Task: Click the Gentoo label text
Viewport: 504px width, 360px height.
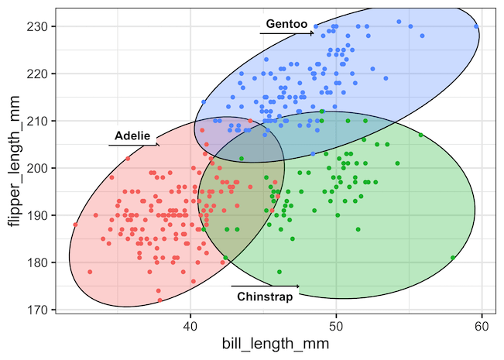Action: pos(286,24)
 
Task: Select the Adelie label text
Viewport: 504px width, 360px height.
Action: pos(132,136)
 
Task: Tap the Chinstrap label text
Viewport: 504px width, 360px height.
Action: pos(265,297)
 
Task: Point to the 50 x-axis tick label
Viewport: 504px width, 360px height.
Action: pos(336,326)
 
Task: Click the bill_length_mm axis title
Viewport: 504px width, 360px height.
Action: pos(268,345)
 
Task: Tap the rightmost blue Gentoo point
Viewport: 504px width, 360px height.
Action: pos(476,26)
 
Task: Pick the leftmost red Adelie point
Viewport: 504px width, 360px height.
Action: pos(75,225)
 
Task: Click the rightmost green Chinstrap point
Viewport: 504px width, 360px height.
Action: pos(453,258)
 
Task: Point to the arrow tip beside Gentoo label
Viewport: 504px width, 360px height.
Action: pos(314,33)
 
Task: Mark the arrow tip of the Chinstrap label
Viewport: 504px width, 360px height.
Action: pos(300,287)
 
